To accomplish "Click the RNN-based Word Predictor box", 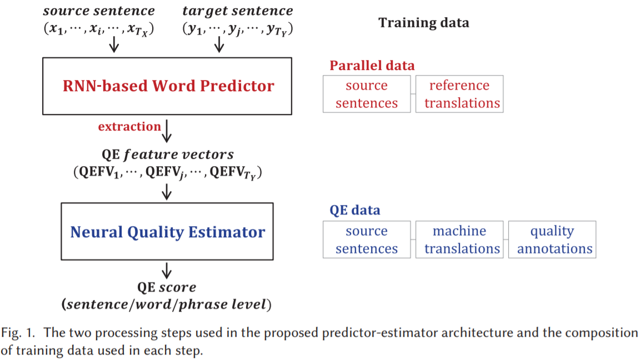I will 167,86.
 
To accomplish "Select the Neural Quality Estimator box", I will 167,232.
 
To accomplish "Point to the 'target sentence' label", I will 238,11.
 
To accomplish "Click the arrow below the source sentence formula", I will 114,44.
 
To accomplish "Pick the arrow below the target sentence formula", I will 219,44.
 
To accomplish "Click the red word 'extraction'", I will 129,127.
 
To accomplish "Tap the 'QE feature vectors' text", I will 167,154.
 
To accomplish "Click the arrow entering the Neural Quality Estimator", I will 167,192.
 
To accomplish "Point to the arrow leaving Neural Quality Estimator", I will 167,271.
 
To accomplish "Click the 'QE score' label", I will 167,287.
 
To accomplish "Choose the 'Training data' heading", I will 423,23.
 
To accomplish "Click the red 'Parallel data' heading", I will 372,66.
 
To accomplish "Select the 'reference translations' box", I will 459,94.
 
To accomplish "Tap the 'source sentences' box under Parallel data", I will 367,94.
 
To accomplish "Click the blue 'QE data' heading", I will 355,210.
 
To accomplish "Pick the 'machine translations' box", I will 459,239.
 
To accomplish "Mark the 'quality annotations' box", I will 552,239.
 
